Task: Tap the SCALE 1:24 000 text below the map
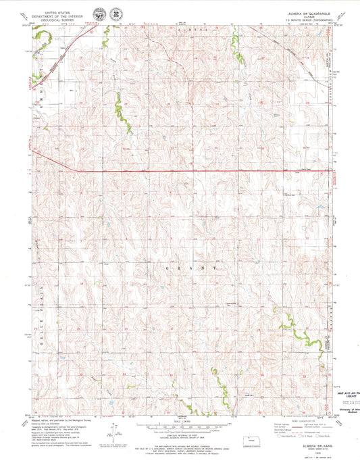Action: coord(180,422)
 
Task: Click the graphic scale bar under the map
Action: coord(180,429)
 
